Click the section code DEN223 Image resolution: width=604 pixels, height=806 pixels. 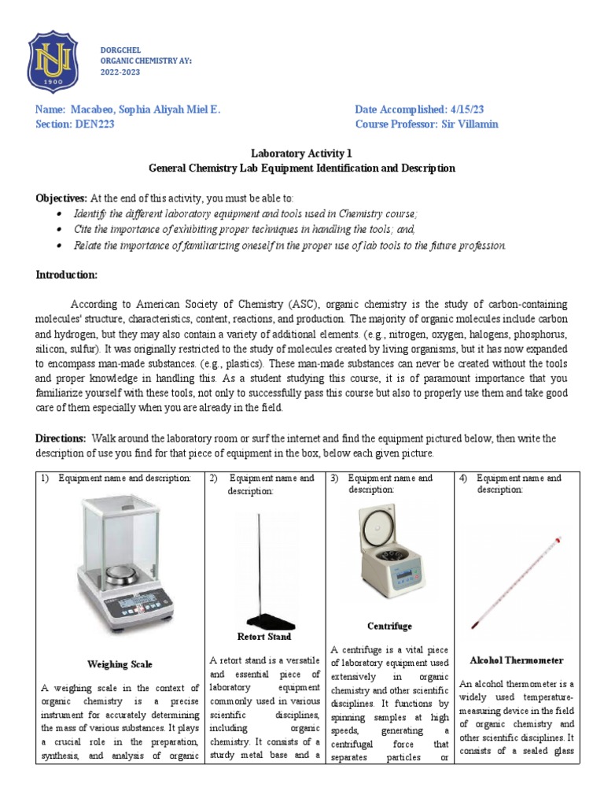[x=95, y=124]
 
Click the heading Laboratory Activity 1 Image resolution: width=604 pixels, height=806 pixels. [x=302, y=154]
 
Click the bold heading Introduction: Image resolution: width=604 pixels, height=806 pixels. [x=67, y=274]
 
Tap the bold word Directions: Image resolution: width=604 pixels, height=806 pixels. [x=61, y=438]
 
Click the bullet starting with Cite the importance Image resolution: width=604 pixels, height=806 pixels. [x=244, y=228]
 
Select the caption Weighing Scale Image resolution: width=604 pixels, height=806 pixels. [x=120, y=664]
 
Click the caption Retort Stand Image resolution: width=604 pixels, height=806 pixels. [x=264, y=637]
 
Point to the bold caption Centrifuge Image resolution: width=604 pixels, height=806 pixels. [x=389, y=627]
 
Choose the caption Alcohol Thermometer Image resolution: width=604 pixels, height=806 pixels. [x=516, y=660]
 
